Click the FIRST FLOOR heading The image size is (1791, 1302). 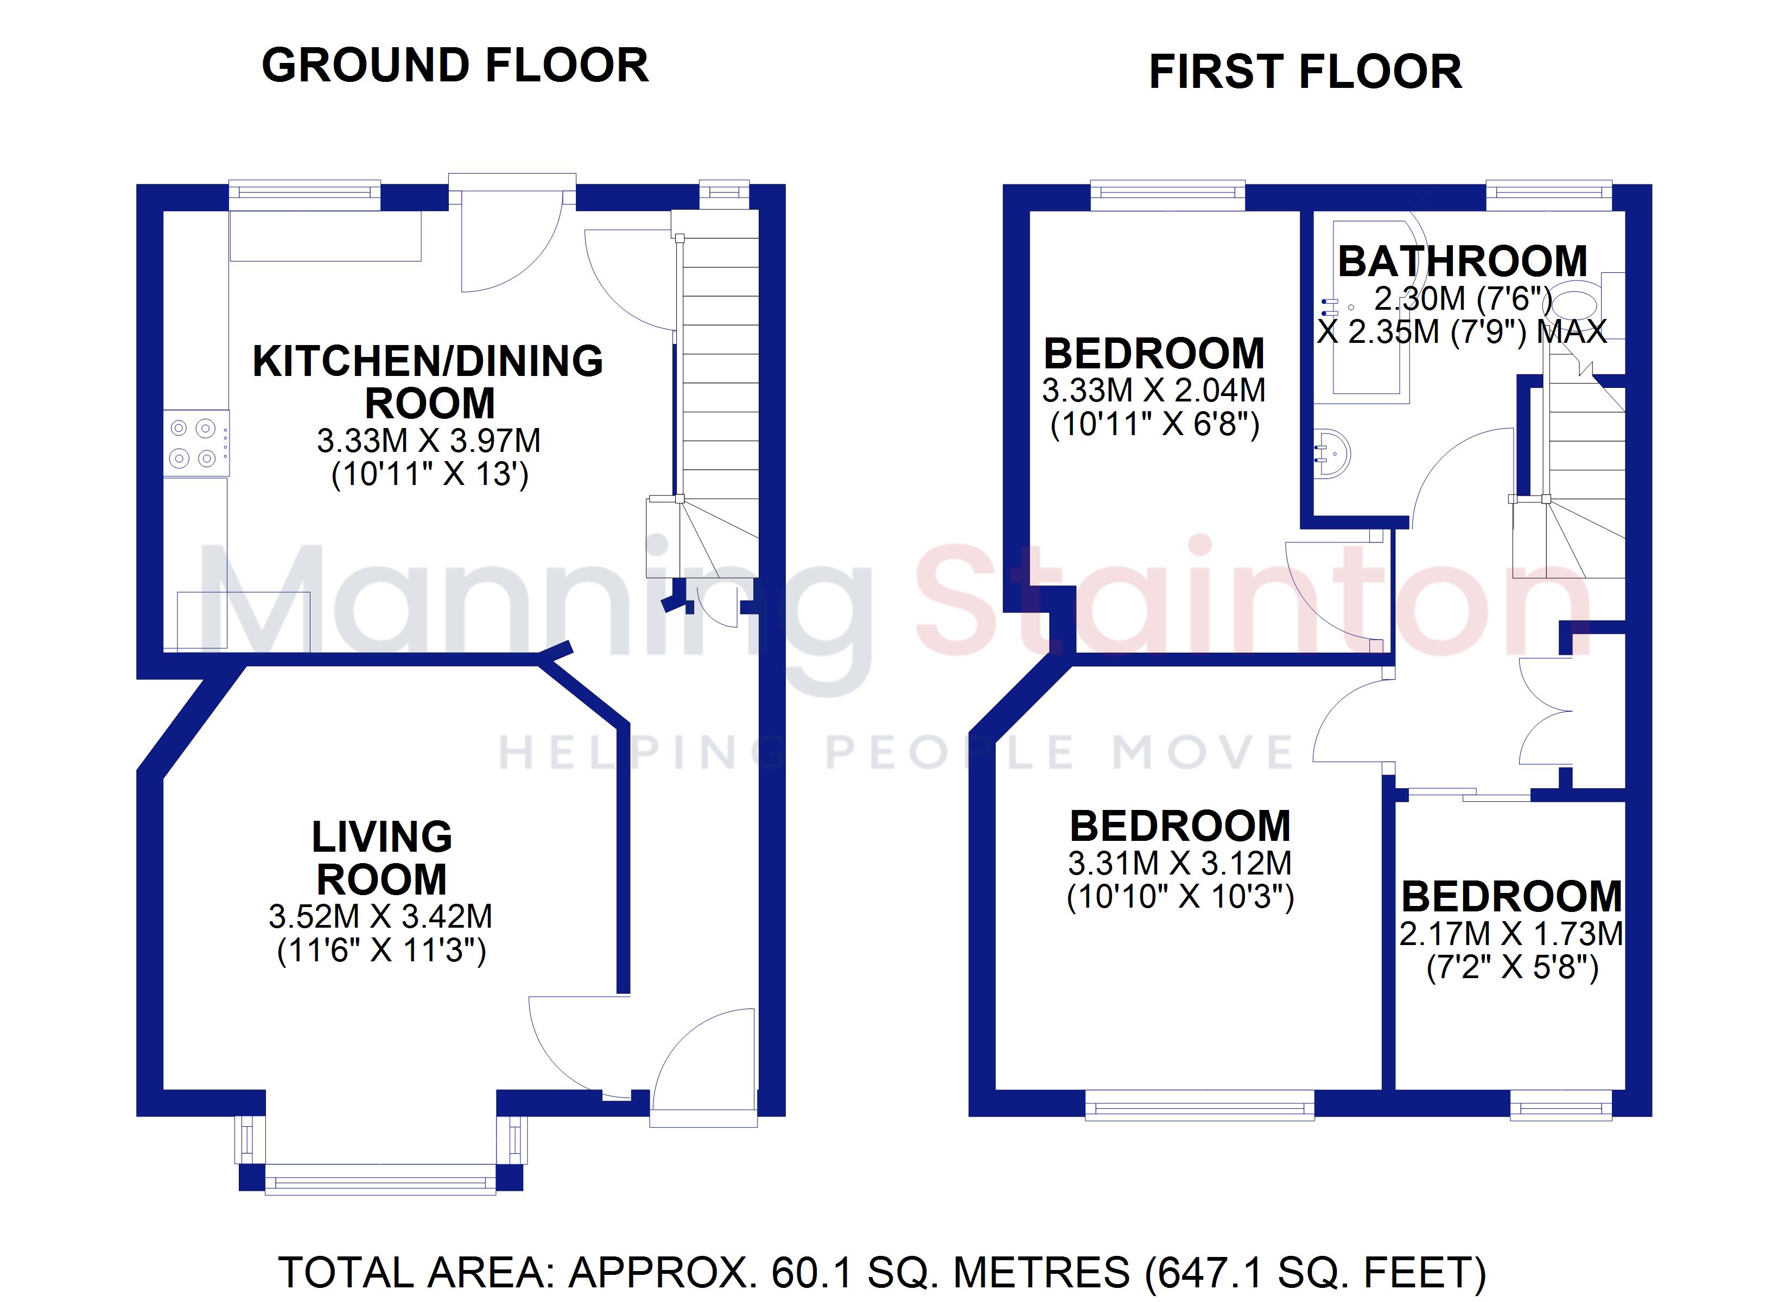pyautogui.click(x=1305, y=72)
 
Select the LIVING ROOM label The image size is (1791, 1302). pyautogui.click(x=382, y=858)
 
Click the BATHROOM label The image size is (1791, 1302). pyautogui.click(x=1463, y=261)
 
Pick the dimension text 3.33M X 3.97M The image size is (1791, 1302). pyautogui.click(x=429, y=441)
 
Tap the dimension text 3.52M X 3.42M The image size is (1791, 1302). pyautogui.click(x=380, y=917)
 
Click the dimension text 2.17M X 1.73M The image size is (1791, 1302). pyautogui.click(x=1511, y=934)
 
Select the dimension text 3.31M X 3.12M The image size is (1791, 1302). pyautogui.click(x=1180, y=864)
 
